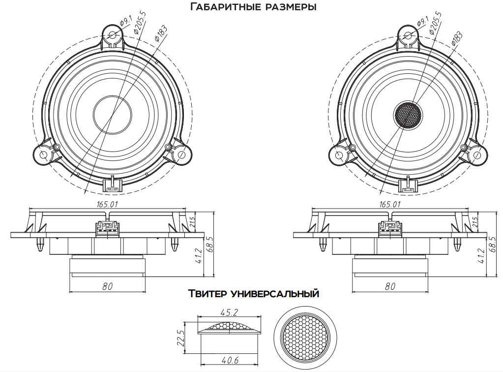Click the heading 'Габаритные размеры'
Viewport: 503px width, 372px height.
pyautogui.click(x=253, y=6)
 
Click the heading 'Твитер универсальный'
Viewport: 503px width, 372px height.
pyautogui.click(x=253, y=293)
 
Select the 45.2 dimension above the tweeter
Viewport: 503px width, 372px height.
pyautogui.click(x=229, y=312)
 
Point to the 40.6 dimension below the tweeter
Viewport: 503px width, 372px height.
pyautogui.click(x=230, y=360)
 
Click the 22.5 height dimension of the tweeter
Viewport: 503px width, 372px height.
pyautogui.click(x=181, y=338)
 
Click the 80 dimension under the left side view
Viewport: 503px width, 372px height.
pyautogui.click(x=108, y=286)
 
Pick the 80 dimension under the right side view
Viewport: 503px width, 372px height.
pyautogui.click(x=390, y=286)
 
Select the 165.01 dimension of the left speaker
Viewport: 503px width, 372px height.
pyautogui.click(x=108, y=204)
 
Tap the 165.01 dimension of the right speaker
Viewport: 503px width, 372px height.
pyautogui.click(x=390, y=204)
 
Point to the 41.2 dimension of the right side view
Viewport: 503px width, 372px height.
pyautogui.click(x=481, y=256)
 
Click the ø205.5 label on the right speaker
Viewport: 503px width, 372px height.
pyautogui.click(x=435, y=23)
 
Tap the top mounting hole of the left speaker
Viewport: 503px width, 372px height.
pyautogui.click(x=113, y=35)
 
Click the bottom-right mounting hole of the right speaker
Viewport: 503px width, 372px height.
pyautogui.click(x=477, y=155)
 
